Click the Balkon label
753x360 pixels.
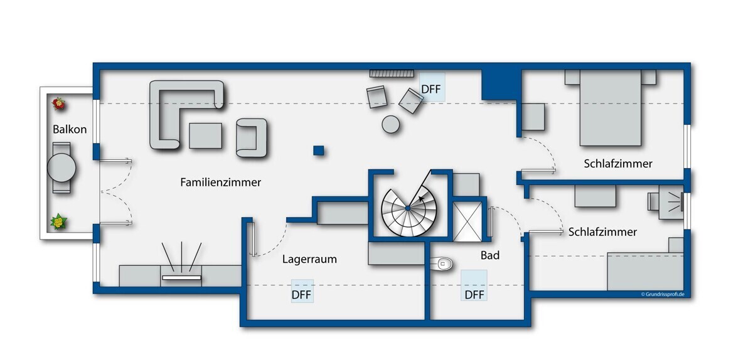coord(70,129)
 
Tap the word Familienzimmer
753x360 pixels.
coord(220,182)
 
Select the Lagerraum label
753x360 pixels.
coord(309,259)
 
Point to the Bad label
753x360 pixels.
coord(490,255)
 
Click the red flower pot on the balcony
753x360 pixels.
coord(58,103)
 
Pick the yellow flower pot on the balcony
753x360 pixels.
coord(58,222)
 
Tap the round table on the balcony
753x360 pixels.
coord(61,167)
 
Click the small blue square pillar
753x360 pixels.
coord(318,151)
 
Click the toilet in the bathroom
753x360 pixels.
coord(441,264)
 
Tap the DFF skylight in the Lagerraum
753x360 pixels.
coord(302,291)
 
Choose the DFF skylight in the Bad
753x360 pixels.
coord(474,285)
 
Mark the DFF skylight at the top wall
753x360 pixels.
coord(432,87)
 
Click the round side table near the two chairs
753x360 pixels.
coord(390,124)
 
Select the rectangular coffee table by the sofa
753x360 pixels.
coord(205,136)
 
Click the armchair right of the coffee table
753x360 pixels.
coord(252,138)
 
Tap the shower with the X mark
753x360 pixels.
coord(467,222)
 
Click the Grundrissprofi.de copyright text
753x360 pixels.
coord(663,294)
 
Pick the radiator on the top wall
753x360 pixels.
coord(392,73)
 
